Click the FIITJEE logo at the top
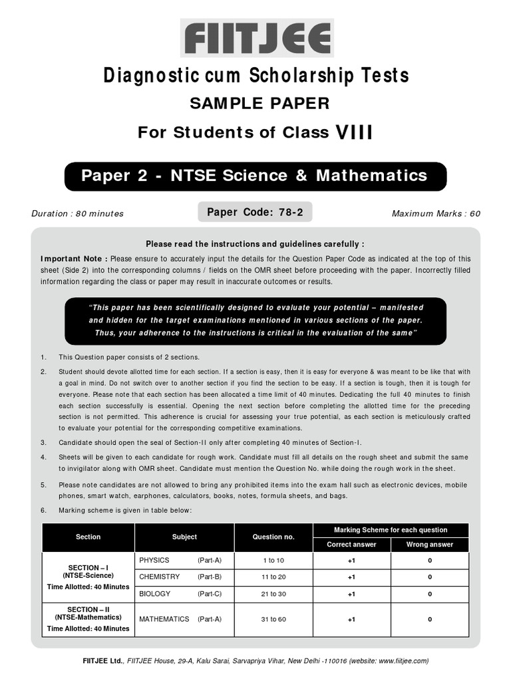(256, 39)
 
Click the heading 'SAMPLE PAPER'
(255, 103)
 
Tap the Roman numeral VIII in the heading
(353, 132)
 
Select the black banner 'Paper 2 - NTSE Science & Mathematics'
(255, 176)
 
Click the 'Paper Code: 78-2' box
(255, 212)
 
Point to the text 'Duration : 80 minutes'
(77, 213)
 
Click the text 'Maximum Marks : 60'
(436, 213)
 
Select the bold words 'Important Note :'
(74, 259)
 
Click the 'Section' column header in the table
(88, 537)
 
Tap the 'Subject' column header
(184, 537)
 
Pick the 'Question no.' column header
(273, 537)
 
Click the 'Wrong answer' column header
(429, 544)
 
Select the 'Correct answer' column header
(351, 544)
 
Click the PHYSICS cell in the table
(154, 560)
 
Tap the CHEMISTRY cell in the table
(159, 577)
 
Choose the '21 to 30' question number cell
(273, 594)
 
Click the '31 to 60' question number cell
(273, 619)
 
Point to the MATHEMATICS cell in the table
(164, 619)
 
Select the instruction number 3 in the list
(43, 442)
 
